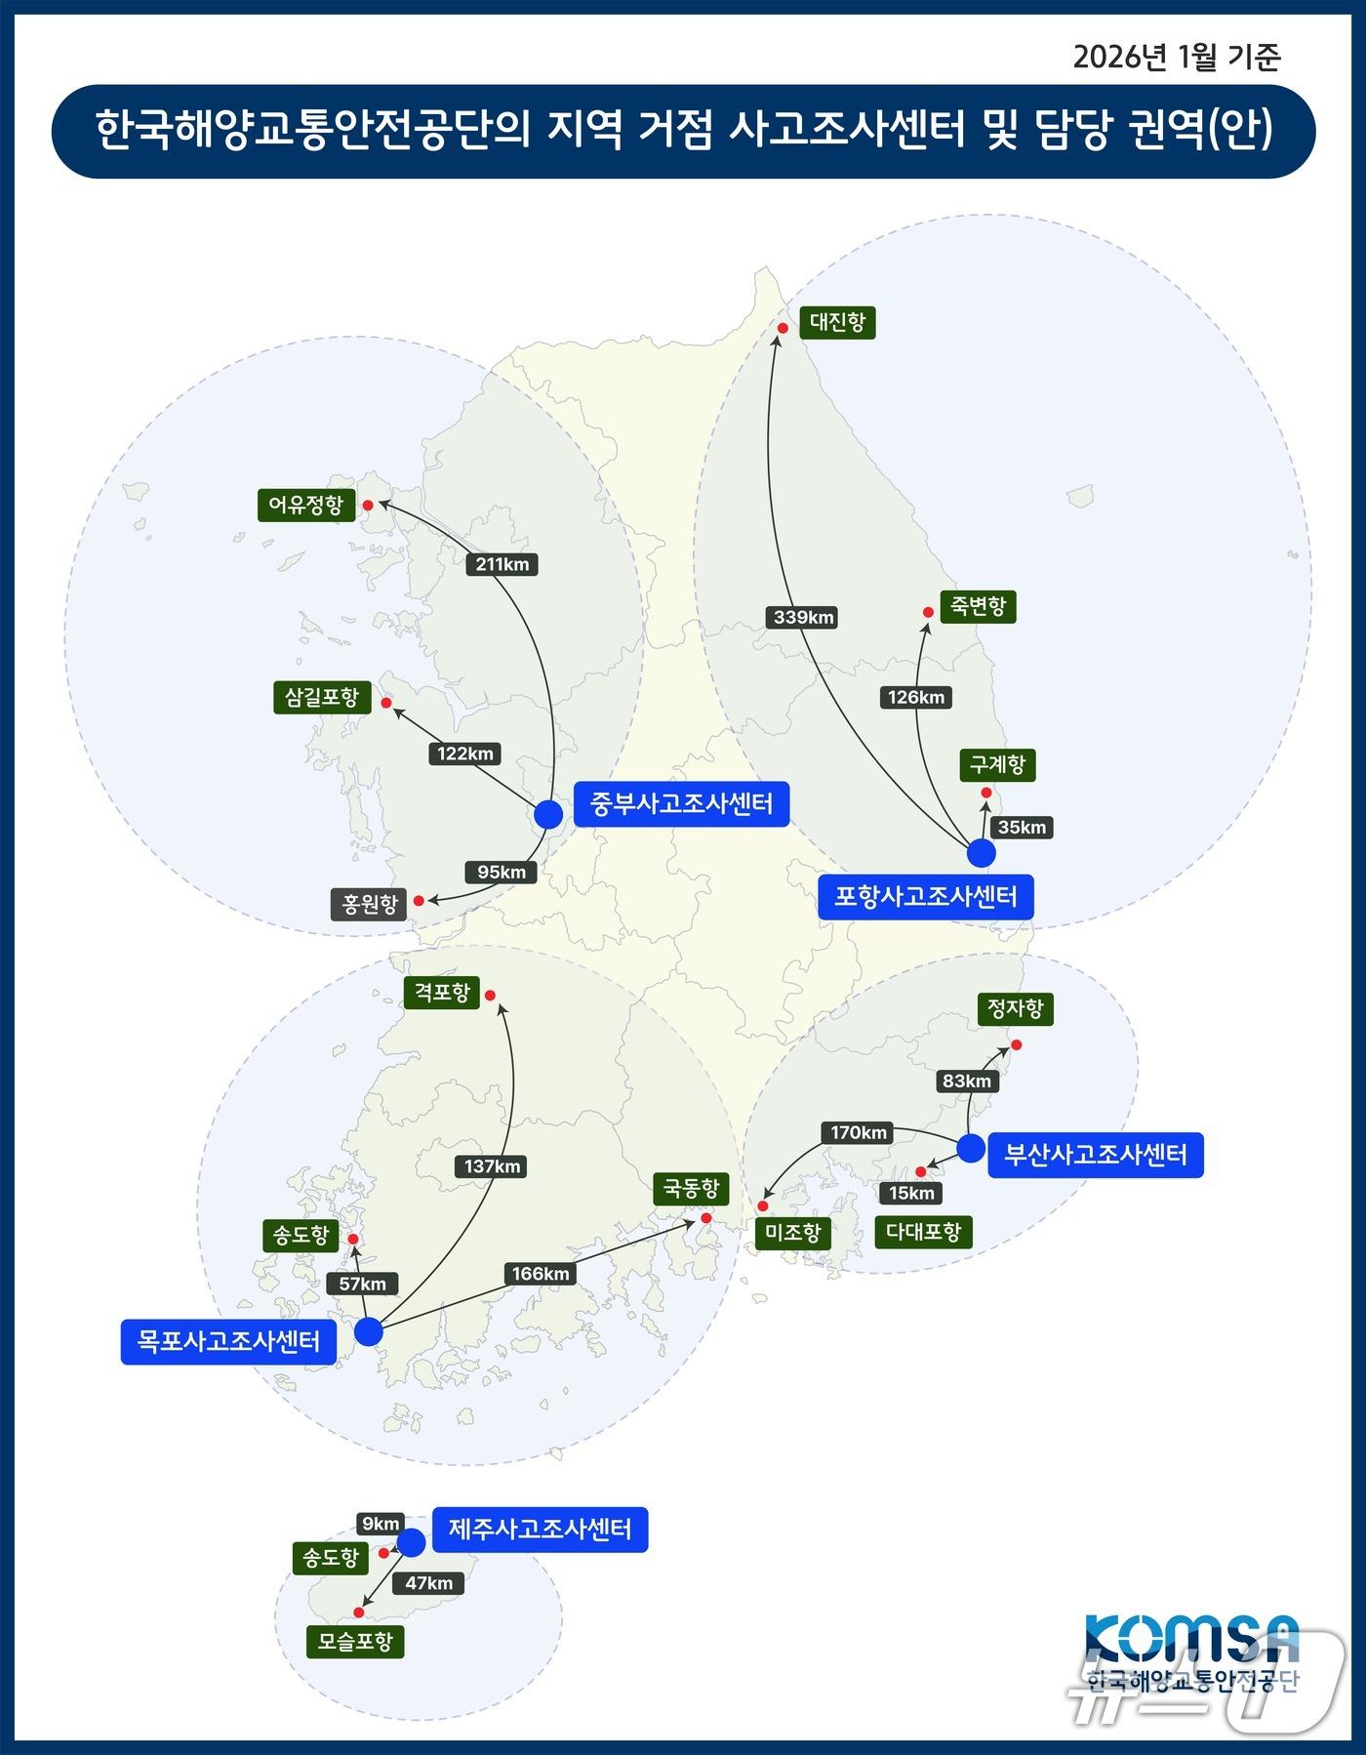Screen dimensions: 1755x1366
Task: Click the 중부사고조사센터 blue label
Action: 681,804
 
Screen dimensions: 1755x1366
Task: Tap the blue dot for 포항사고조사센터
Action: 981,853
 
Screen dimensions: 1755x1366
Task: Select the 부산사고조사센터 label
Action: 1095,1156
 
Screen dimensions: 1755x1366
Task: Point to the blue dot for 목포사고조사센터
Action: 368,1331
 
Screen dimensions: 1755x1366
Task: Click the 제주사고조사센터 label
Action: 540,1530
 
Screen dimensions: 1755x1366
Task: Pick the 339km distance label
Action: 804,617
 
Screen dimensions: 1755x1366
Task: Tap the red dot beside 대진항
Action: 783,328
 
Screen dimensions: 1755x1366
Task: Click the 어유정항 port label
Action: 306,506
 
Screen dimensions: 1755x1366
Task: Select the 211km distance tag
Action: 502,564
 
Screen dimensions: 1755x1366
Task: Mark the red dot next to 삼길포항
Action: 386,703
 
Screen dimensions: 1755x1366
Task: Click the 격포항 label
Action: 442,994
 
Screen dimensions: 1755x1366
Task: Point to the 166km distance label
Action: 541,1274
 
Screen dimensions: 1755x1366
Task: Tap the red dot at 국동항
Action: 705,1218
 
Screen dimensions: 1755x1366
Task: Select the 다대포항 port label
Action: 923,1232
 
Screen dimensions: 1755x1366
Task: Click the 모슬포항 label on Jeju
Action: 355,1642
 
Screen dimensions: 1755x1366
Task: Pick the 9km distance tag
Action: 381,1524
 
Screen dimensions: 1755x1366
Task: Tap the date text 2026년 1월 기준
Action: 1177,58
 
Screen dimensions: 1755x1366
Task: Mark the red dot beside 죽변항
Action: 928,613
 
